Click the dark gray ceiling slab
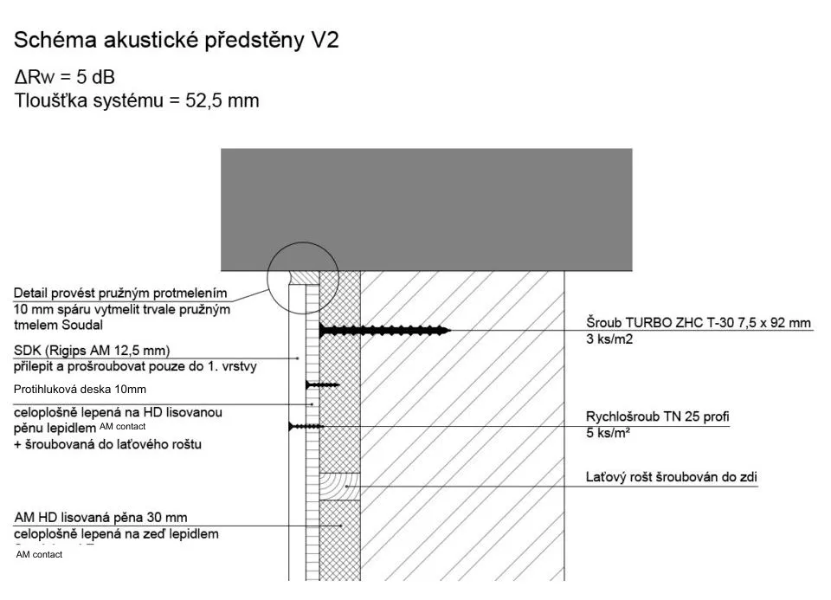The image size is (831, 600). tap(391, 209)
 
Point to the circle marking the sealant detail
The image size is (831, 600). tap(291, 273)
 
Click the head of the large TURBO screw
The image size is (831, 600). tap(323, 330)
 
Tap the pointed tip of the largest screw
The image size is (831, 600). tap(448, 330)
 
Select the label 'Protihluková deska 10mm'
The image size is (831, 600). tap(80, 389)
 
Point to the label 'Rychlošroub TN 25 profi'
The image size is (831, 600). tap(657, 417)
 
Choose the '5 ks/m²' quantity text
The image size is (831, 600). tap(609, 433)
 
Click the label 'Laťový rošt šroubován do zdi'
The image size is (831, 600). tap(673, 476)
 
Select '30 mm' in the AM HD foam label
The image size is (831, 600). tap(168, 518)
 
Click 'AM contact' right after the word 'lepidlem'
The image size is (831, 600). tap(123, 427)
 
